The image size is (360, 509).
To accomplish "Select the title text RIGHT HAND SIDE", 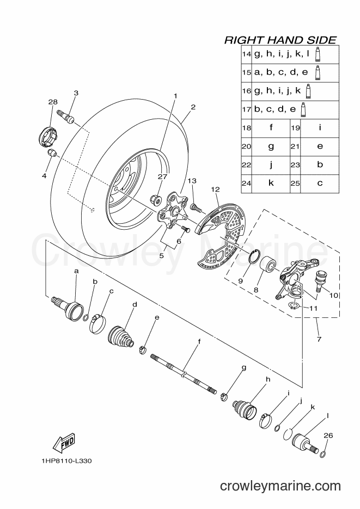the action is tap(280, 40).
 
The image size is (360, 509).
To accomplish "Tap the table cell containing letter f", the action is tap(271, 127).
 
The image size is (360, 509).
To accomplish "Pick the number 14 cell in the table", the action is tap(246, 54).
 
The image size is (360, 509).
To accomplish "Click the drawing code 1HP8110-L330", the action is tap(66, 461).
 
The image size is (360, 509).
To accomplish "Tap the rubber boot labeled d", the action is tap(120, 335).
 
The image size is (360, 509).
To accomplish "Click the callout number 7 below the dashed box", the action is tap(319, 340).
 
